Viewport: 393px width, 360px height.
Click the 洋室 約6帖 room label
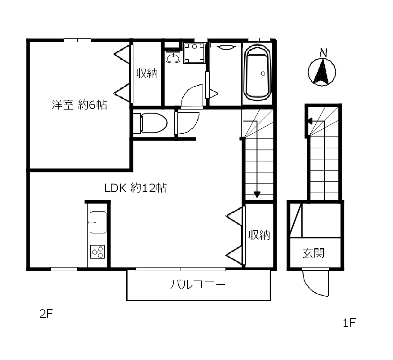79,105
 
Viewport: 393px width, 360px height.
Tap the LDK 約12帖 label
135,188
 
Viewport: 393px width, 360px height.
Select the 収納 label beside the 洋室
147,73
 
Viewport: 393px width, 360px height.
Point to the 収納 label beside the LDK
259,234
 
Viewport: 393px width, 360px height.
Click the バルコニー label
198,285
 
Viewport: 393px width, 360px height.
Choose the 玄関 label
314,253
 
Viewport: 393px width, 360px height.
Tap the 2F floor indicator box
46,314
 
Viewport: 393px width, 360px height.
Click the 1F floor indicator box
349,323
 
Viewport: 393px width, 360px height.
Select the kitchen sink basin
98,222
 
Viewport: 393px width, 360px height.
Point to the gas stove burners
98,251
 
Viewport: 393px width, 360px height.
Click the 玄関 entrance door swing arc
316,283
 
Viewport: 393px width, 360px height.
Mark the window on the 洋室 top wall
77,40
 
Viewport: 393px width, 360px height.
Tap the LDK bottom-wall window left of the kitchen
64,269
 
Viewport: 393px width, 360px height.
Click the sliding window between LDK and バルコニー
181,269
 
